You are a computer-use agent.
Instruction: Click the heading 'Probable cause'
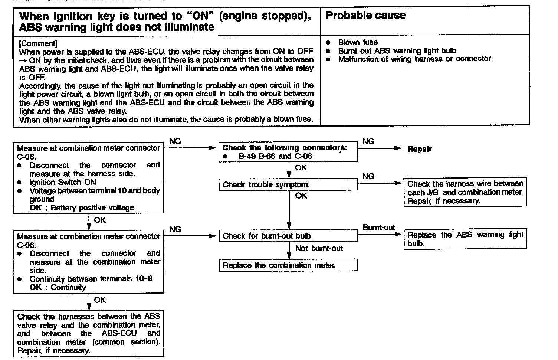[x=365, y=16]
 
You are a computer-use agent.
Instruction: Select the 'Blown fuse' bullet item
[x=358, y=42]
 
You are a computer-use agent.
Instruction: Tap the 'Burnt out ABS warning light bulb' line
[x=397, y=51]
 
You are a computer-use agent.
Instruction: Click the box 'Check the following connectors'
[x=288, y=152]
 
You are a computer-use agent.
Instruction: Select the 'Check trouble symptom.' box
[x=288, y=185]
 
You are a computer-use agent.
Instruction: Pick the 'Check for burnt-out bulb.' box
[x=288, y=236]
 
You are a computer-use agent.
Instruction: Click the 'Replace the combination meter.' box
[x=288, y=265]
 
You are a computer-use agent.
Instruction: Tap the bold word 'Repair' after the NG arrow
[x=420, y=149]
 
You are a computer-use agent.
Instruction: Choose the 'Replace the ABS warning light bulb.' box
[x=465, y=239]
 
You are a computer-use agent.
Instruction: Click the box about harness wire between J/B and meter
[x=465, y=192]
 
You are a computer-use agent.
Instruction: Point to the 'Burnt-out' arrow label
[x=379, y=228]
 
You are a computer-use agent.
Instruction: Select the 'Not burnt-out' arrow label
[x=319, y=248]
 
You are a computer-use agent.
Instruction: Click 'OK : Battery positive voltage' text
[x=82, y=208]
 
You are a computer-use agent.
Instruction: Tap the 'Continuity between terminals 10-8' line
[x=91, y=279]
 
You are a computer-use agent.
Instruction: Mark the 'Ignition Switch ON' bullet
[x=62, y=182]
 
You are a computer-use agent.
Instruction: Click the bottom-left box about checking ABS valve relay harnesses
[x=88, y=333]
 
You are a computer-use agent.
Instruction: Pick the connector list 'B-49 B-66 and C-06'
[x=275, y=156]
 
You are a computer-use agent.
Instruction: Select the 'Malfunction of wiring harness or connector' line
[x=414, y=59]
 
